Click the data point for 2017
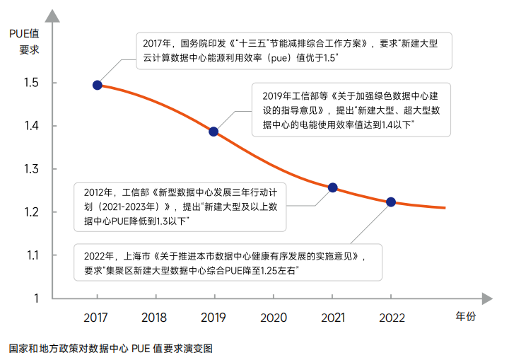[x=97, y=85]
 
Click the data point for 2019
[x=213, y=132]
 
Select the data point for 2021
[x=332, y=187]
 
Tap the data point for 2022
[x=391, y=202]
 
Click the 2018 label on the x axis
[x=154, y=318]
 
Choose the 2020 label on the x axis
[x=273, y=318]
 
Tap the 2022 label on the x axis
[x=391, y=318]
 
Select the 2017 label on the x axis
[x=95, y=318]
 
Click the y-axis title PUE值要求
[x=23, y=41]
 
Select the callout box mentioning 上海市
[x=229, y=262]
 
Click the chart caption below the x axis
[x=110, y=348]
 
